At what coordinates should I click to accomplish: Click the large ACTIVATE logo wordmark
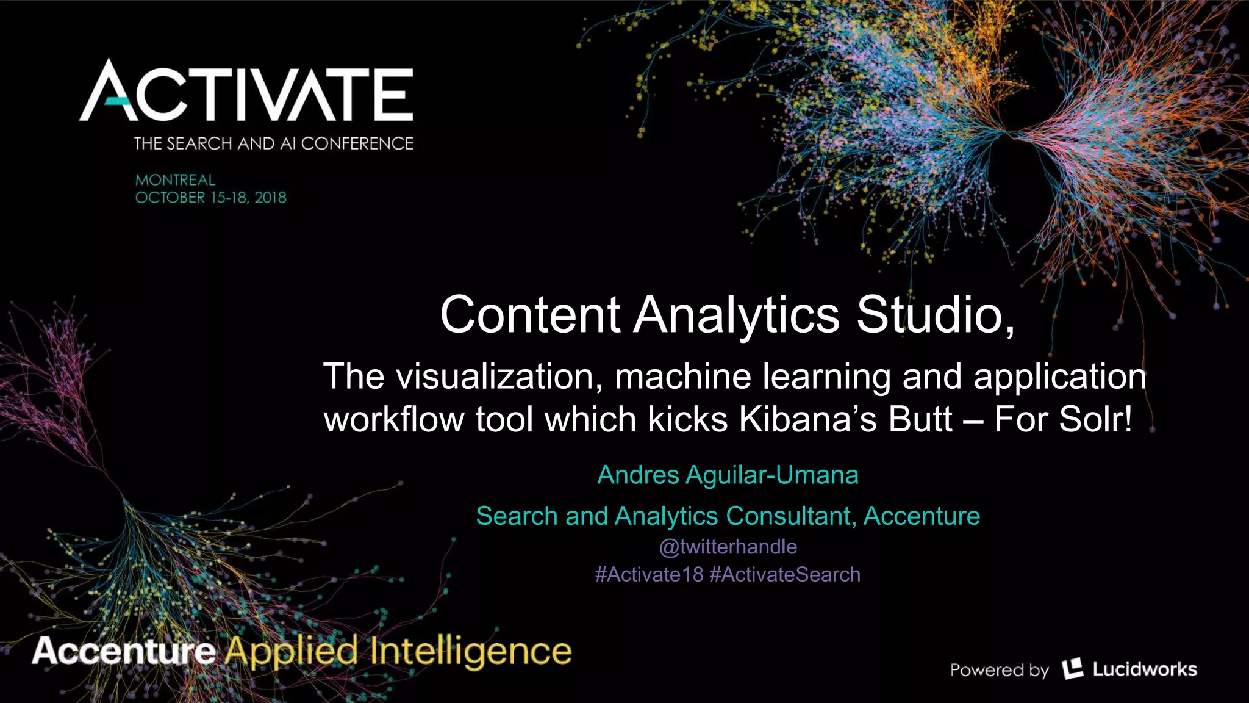click(246, 91)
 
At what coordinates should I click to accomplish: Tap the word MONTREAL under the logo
click(175, 180)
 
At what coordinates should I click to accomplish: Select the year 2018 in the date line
click(270, 198)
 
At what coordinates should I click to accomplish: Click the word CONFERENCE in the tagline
click(357, 143)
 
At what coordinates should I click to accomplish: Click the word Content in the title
click(530, 314)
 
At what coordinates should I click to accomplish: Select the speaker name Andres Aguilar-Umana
click(728, 475)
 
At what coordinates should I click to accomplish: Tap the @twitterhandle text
click(728, 547)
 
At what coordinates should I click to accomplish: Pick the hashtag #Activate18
click(649, 575)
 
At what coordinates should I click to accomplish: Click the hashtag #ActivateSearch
click(785, 575)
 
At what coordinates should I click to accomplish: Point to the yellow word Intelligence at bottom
click(470, 652)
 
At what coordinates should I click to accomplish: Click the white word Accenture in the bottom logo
click(124, 651)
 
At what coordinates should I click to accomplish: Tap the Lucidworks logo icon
click(1072, 669)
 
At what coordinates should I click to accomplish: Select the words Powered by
click(999, 670)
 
